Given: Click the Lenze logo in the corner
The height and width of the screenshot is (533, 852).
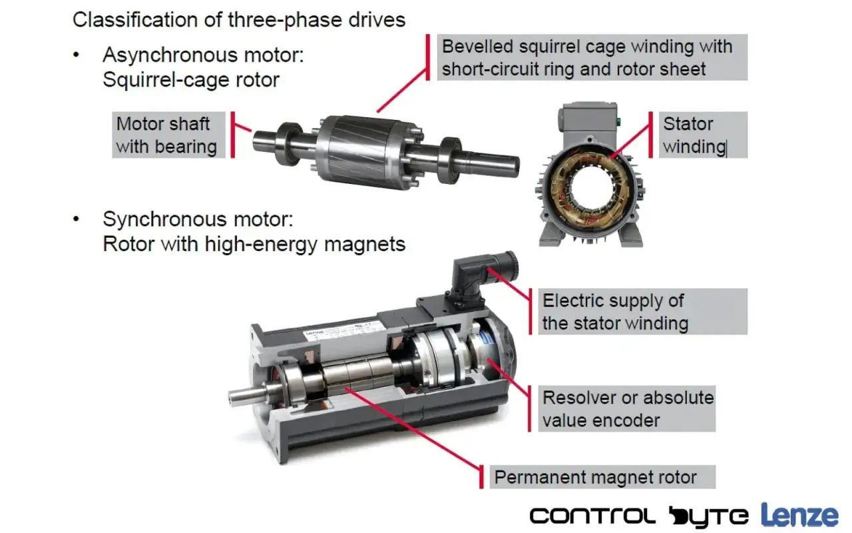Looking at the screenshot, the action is (x=799, y=516).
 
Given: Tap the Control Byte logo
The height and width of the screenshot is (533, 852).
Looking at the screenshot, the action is (x=639, y=517).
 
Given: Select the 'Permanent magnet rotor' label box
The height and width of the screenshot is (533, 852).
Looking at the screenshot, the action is (x=602, y=476).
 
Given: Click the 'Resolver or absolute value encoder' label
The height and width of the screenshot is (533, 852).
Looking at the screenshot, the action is (x=627, y=408).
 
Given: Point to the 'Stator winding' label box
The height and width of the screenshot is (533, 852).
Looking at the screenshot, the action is (x=703, y=135).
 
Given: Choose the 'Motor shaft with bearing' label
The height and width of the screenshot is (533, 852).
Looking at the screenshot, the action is (x=168, y=135).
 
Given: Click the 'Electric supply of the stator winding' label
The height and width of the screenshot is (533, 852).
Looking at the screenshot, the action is (x=643, y=311).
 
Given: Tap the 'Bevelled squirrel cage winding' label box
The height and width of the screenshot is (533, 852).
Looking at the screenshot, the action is (x=592, y=57).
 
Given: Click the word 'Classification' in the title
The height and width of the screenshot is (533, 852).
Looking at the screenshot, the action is (x=135, y=19).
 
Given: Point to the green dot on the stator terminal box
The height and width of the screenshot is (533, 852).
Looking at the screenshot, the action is (x=618, y=122).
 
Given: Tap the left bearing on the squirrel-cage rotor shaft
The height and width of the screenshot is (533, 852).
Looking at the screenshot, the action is (x=289, y=143).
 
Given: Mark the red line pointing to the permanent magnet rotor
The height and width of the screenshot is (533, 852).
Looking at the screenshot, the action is (x=413, y=428).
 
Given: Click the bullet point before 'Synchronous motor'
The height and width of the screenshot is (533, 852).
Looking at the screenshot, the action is (x=77, y=219).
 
